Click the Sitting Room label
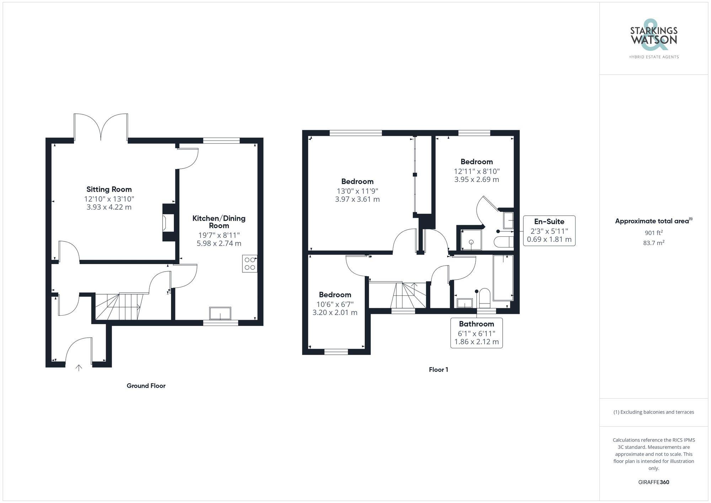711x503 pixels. pyautogui.click(x=109, y=189)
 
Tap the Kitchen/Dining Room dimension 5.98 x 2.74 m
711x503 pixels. pyautogui.click(x=219, y=244)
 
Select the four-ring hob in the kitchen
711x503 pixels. pyautogui.click(x=250, y=264)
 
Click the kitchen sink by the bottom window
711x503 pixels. pyautogui.click(x=220, y=314)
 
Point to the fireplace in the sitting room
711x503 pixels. pyautogui.click(x=168, y=223)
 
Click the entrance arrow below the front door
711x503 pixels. pyautogui.click(x=79, y=368)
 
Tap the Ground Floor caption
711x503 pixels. pyautogui.click(x=146, y=386)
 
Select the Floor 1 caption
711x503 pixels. pyautogui.click(x=438, y=370)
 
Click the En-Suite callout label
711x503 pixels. pyautogui.click(x=549, y=221)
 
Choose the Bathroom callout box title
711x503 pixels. pyautogui.click(x=476, y=324)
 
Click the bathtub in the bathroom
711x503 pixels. pyautogui.click(x=503, y=278)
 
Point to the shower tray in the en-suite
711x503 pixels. pyautogui.click(x=471, y=240)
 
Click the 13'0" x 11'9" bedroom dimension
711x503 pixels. pyautogui.click(x=357, y=191)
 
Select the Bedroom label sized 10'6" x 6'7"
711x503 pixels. pyautogui.click(x=335, y=295)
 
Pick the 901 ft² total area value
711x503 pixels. pyautogui.click(x=653, y=233)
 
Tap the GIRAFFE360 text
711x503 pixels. pyautogui.click(x=653, y=482)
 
